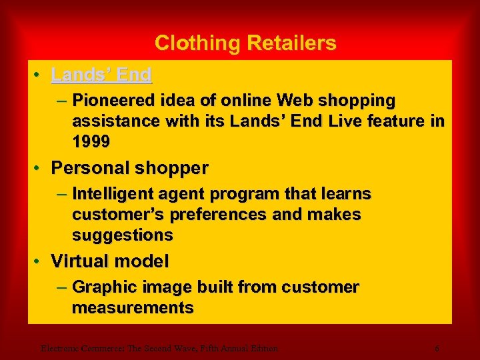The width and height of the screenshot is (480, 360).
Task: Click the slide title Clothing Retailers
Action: (x=245, y=43)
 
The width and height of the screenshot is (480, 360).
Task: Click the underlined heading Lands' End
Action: (x=101, y=75)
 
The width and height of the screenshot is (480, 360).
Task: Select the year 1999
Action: (x=91, y=142)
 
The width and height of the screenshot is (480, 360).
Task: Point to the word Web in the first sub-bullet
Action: (x=294, y=101)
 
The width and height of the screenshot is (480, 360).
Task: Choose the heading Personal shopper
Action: (x=129, y=168)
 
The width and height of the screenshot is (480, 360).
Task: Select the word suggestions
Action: (x=123, y=235)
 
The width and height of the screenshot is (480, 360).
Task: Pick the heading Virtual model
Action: (x=110, y=261)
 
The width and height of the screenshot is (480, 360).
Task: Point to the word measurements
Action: (x=133, y=308)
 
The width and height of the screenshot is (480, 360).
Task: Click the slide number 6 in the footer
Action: (x=437, y=348)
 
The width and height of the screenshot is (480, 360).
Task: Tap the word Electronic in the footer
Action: (x=57, y=348)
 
